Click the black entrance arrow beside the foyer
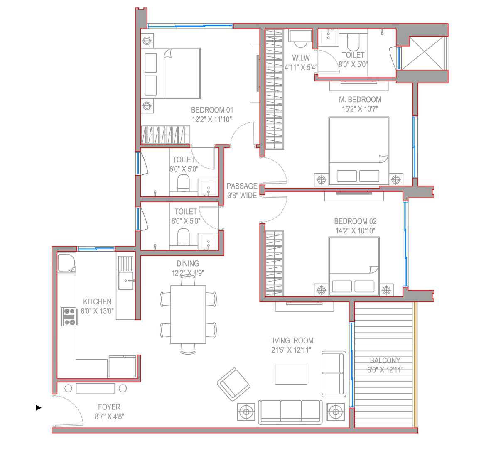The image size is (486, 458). [39, 407]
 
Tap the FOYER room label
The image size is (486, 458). [109, 407]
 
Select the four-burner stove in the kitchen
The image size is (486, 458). [69, 317]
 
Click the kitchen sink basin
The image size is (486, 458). [126, 280]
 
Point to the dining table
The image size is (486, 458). [188, 314]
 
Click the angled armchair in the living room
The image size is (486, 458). [233, 384]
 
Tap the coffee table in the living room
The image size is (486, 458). [291, 375]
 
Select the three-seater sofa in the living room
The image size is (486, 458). [290, 412]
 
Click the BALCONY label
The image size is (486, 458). [385, 360]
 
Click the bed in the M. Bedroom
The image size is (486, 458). [358, 151]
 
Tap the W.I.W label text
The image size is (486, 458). [301, 58]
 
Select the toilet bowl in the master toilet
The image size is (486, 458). [353, 42]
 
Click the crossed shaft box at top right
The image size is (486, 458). [423, 53]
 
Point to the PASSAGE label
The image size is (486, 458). [242, 186]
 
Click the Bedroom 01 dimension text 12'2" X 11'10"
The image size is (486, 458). [212, 119]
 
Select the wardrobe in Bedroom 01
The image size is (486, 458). [165, 135]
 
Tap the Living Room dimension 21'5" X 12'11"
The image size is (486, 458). [291, 350]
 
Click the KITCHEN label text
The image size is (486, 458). [97, 301]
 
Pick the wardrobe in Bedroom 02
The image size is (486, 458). [275, 263]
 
